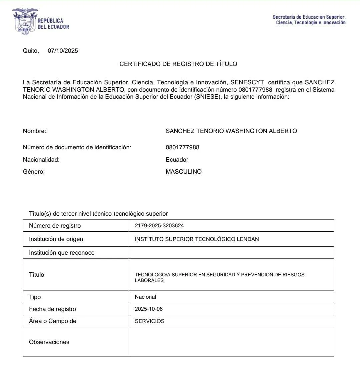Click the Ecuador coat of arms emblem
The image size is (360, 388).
pyautogui.click(x=24, y=22)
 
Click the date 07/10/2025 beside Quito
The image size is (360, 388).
pyautogui.click(x=63, y=51)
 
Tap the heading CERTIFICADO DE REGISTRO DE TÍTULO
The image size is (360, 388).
pyautogui.click(x=178, y=64)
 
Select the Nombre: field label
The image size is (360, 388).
pyautogui.click(x=34, y=131)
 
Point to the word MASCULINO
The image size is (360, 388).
pyautogui.click(x=184, y=172)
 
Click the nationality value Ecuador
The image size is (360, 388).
pyautogui.click(x=177, y=160)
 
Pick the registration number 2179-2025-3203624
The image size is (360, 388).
pyautogui.click(x=159, y=226)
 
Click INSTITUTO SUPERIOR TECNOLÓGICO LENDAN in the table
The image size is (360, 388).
pyautogui.click(x=197, y=239)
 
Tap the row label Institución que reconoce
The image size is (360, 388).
pyautogui.click(x=62, y=253)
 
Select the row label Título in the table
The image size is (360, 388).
pyautogui.click(x=36, y=275)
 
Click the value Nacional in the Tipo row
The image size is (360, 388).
pyautogui.click(x=145, y=297)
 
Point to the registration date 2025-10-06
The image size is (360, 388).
pyautogui.click(x=149, y=309)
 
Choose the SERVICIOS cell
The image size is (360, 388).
pyautogui.click(x=150, y=321)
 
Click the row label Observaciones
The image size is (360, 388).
pyautogui.click(x=49, y=342)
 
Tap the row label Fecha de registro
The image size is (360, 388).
pyautogui.click(x=52, y=309)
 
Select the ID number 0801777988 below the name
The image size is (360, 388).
pyautogui.click(x=182, y=147)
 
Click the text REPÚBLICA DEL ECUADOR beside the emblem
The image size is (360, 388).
pyautogui.click(x=53, y=24)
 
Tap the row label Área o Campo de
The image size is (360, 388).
pyautogui.click(x=53, y=321)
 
